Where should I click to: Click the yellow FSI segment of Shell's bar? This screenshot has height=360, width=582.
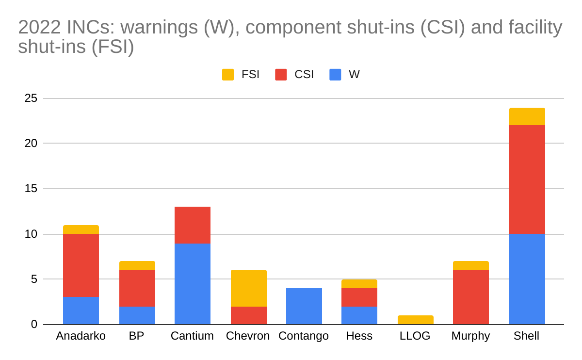tap(527, 116)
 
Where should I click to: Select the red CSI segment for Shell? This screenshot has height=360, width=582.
tap(527, 180)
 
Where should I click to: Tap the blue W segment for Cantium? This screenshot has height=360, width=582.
tap(192, 284)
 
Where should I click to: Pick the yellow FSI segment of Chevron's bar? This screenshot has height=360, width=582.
tap(248, 288)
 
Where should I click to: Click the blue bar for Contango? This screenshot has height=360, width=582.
tap(304, 306)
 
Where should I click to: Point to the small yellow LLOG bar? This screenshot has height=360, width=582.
tap(416, 320)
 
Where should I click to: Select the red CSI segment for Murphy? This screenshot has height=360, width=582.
tap(470, 297)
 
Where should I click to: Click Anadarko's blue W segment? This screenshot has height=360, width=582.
tap(81, 311)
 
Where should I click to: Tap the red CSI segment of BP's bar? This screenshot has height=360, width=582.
tap(137, 288)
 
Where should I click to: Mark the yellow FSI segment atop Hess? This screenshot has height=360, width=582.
tap(359, 284)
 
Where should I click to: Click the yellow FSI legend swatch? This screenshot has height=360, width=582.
tap(228, 75)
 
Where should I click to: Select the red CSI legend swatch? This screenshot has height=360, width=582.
tap(281, 75)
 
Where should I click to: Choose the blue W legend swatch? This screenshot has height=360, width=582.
tap(335, 75)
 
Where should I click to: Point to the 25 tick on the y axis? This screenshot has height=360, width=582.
tap(31, 98)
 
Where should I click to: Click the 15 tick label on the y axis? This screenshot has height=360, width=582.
tap(31, 189)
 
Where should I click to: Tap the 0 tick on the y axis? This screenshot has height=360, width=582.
tap(34, 324)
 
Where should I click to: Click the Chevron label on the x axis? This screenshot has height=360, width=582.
tap(248, 336)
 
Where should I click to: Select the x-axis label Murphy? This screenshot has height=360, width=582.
tap(470, 336)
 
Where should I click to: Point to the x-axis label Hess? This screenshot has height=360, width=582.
tap(359, 336)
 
